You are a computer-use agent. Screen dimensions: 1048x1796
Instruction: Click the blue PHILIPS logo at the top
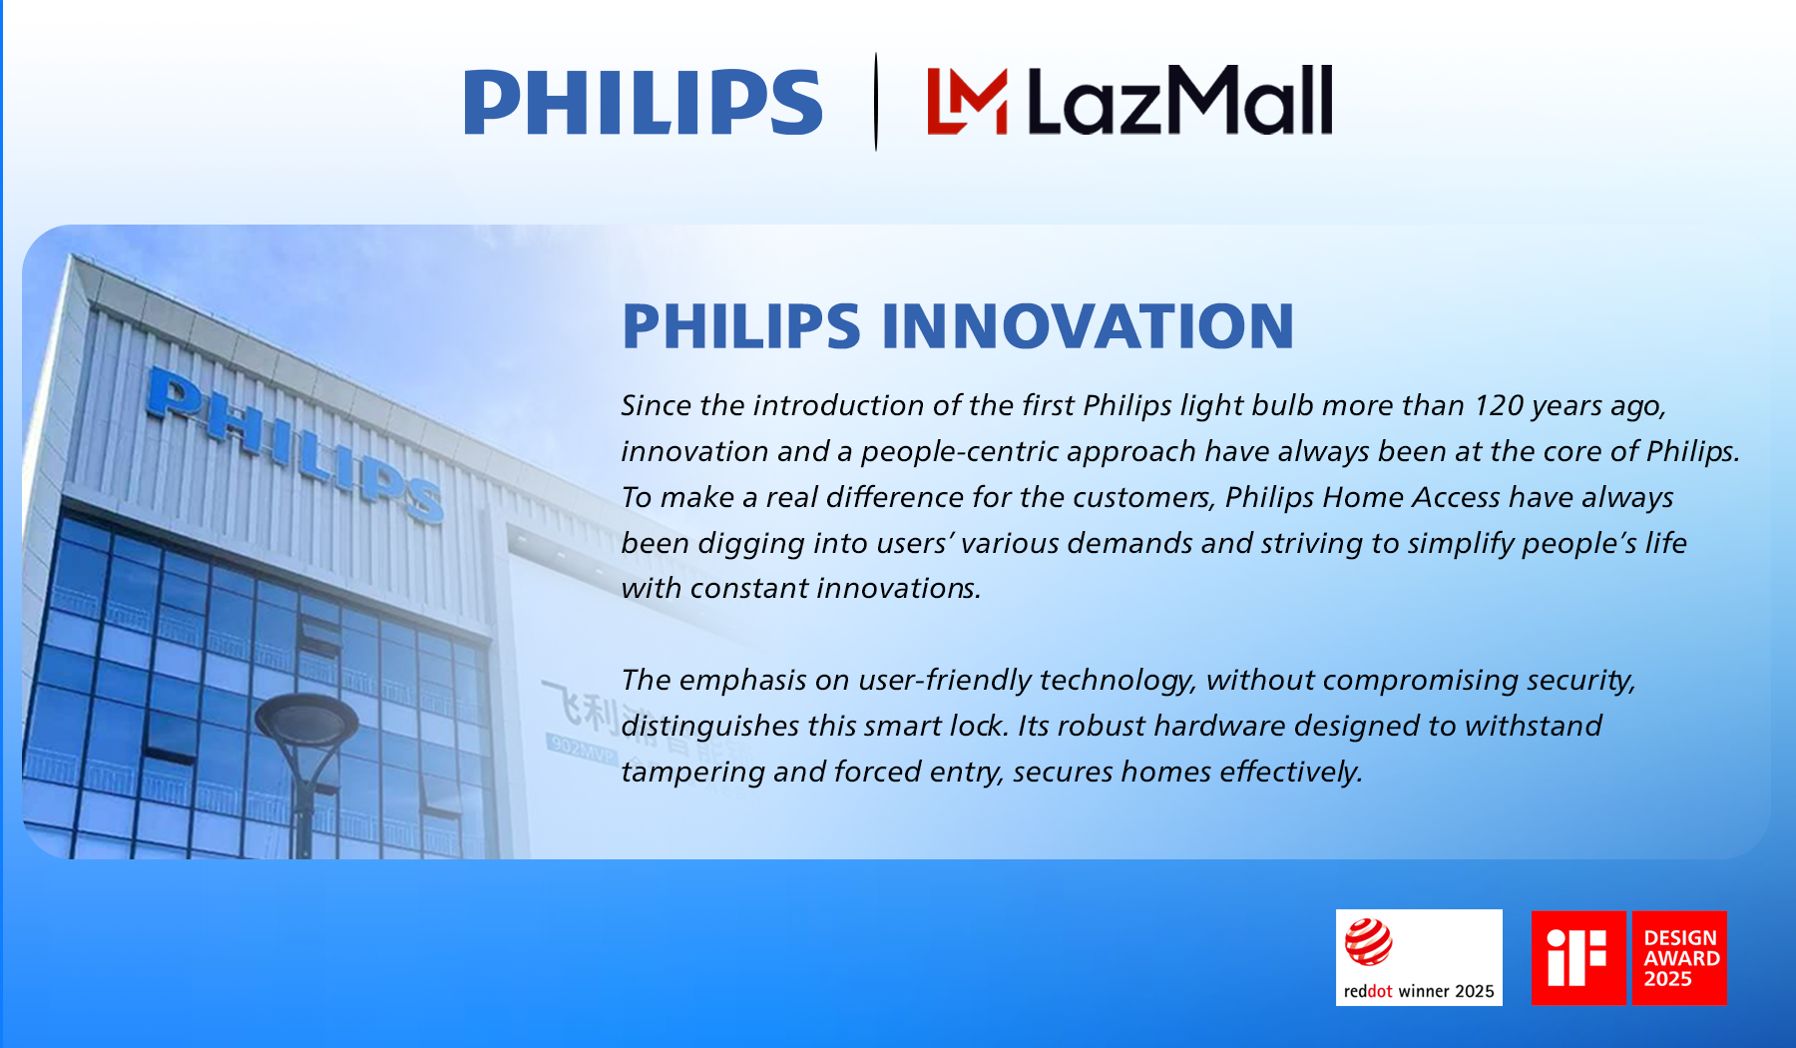click(643, 102)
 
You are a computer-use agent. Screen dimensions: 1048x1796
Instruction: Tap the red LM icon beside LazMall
click(966, 101)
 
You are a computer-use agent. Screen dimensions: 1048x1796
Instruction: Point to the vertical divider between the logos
click(876, 101)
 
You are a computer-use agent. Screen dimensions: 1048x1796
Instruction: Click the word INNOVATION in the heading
click(1087, 326)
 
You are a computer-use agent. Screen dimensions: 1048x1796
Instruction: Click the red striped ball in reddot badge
click(1368, 942)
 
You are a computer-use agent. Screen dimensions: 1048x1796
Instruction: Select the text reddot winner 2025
click(1418, 991)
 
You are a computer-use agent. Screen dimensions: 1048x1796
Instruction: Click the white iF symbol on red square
click(1576, 957)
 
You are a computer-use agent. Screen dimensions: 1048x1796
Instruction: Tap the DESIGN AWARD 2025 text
click(1680, 958)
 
